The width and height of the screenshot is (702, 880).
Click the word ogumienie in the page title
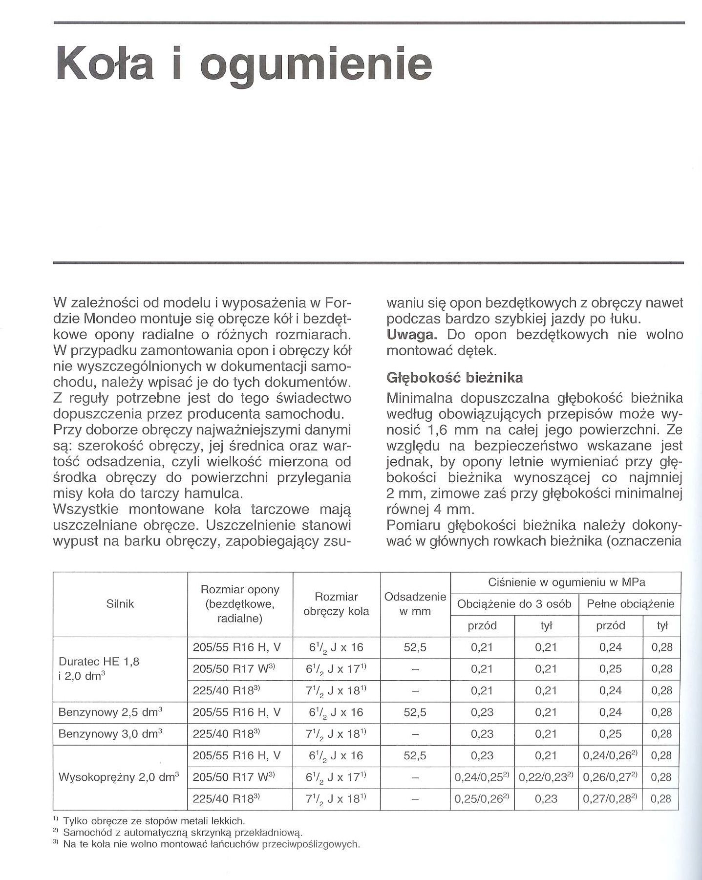pos(316,64)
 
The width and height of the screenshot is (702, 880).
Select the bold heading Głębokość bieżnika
pos(454,378)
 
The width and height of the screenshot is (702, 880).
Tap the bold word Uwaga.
pos(413,335)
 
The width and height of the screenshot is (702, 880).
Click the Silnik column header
pos(120,604)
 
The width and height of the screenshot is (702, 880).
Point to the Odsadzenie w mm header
pos(415,604)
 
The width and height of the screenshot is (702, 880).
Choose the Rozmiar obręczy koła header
pos(336,604)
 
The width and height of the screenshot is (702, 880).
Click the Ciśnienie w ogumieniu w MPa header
pos(566,582)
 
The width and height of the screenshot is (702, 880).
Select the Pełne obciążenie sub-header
pos(630,604)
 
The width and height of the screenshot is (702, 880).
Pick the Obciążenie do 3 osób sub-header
pos(514,604)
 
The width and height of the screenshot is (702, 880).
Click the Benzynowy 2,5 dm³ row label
pos(110,712)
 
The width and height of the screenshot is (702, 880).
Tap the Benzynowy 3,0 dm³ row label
pos(110,734)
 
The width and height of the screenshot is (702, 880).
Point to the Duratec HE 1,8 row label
pos(99,662)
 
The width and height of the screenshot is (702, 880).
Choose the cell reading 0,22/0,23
pos(546,777)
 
